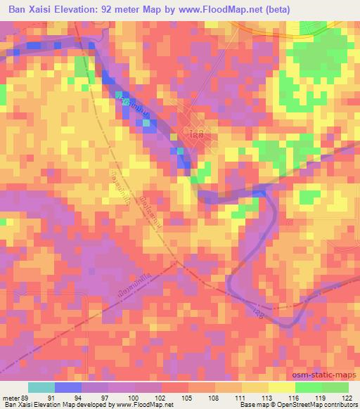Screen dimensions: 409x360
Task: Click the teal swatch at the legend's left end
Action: (x=41, y=387)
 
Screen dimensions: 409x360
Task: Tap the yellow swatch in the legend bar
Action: (x=282, y=387)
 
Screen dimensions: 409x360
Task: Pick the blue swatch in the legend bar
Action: (x=68, y=387)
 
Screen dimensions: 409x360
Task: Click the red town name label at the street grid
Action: (x=198, y=133)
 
